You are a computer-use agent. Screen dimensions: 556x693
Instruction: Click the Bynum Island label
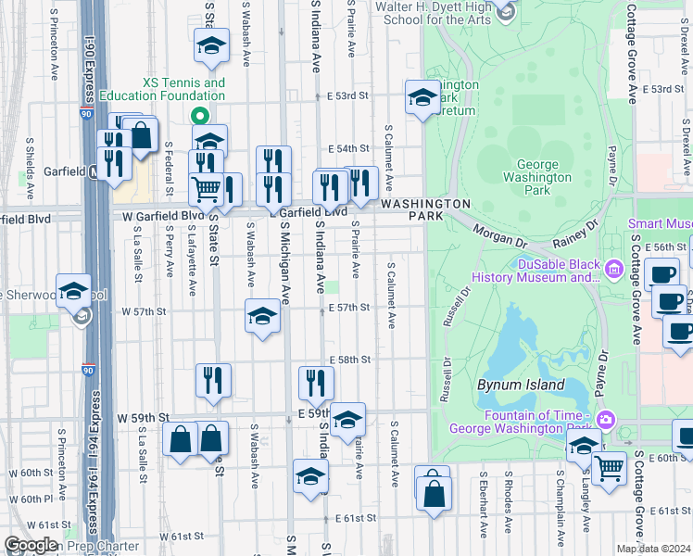click(520, 385)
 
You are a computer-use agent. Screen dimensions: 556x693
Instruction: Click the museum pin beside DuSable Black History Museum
click(612, 270)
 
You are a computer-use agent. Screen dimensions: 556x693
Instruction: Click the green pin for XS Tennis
click(196, 116)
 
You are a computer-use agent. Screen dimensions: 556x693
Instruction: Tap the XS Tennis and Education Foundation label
click(183, 89)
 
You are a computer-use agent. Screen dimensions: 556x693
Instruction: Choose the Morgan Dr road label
click(498, 235)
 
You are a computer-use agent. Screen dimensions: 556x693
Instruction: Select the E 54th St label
click(349, 148)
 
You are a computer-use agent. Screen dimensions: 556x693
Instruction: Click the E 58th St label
click(350, 359)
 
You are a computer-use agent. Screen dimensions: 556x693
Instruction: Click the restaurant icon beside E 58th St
click(316, 384)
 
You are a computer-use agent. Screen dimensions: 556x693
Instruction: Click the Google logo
click(31, 546)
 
